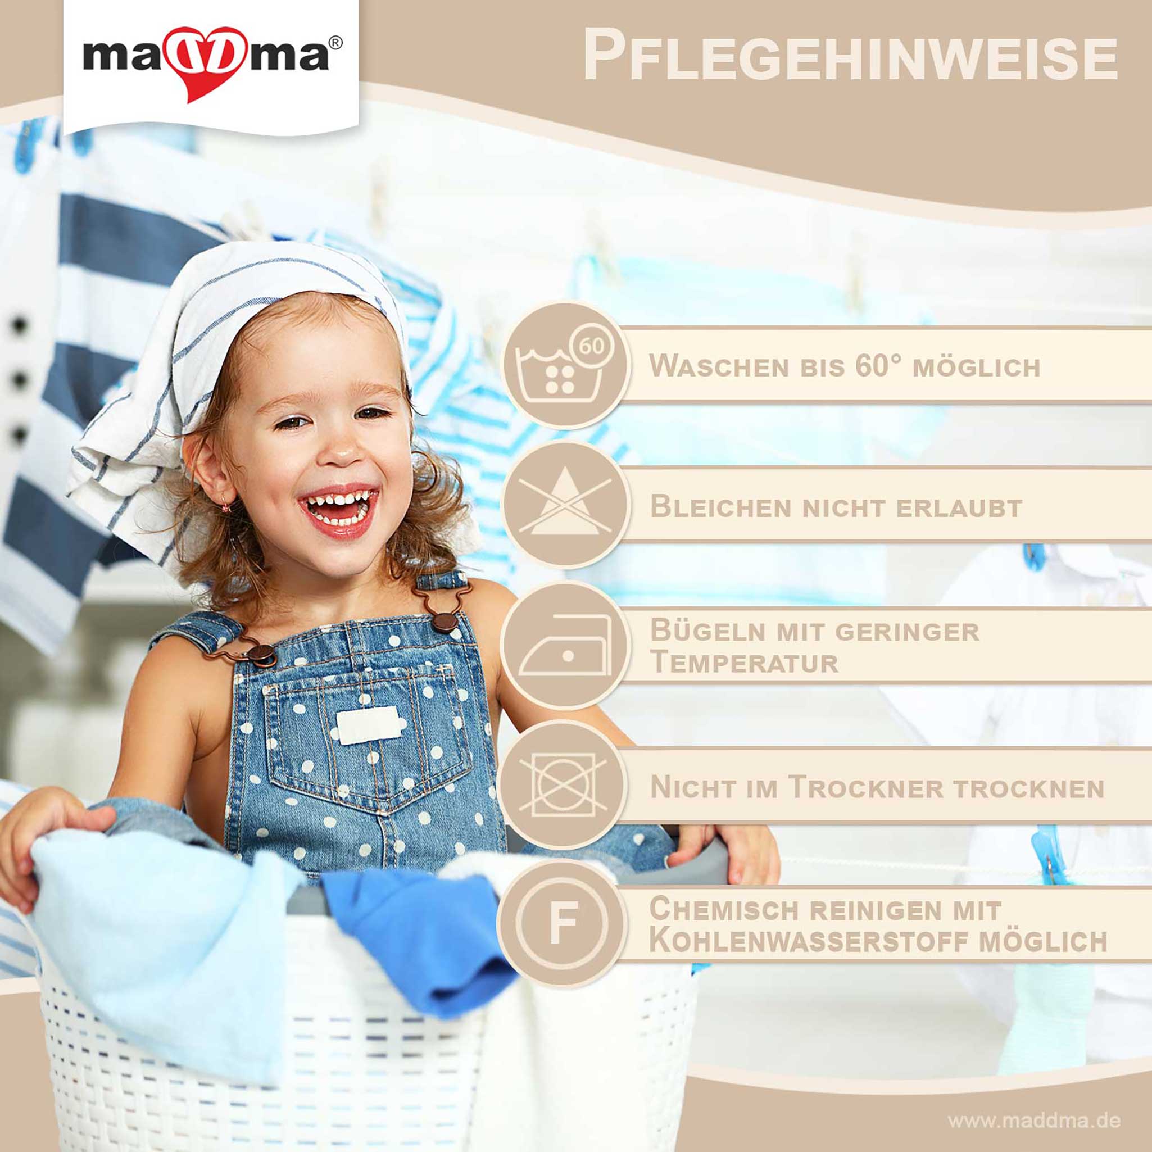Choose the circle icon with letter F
pos(563,924)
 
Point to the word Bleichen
pos(721,507)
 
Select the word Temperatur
pos(744,663)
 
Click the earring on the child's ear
pos(226,507)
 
